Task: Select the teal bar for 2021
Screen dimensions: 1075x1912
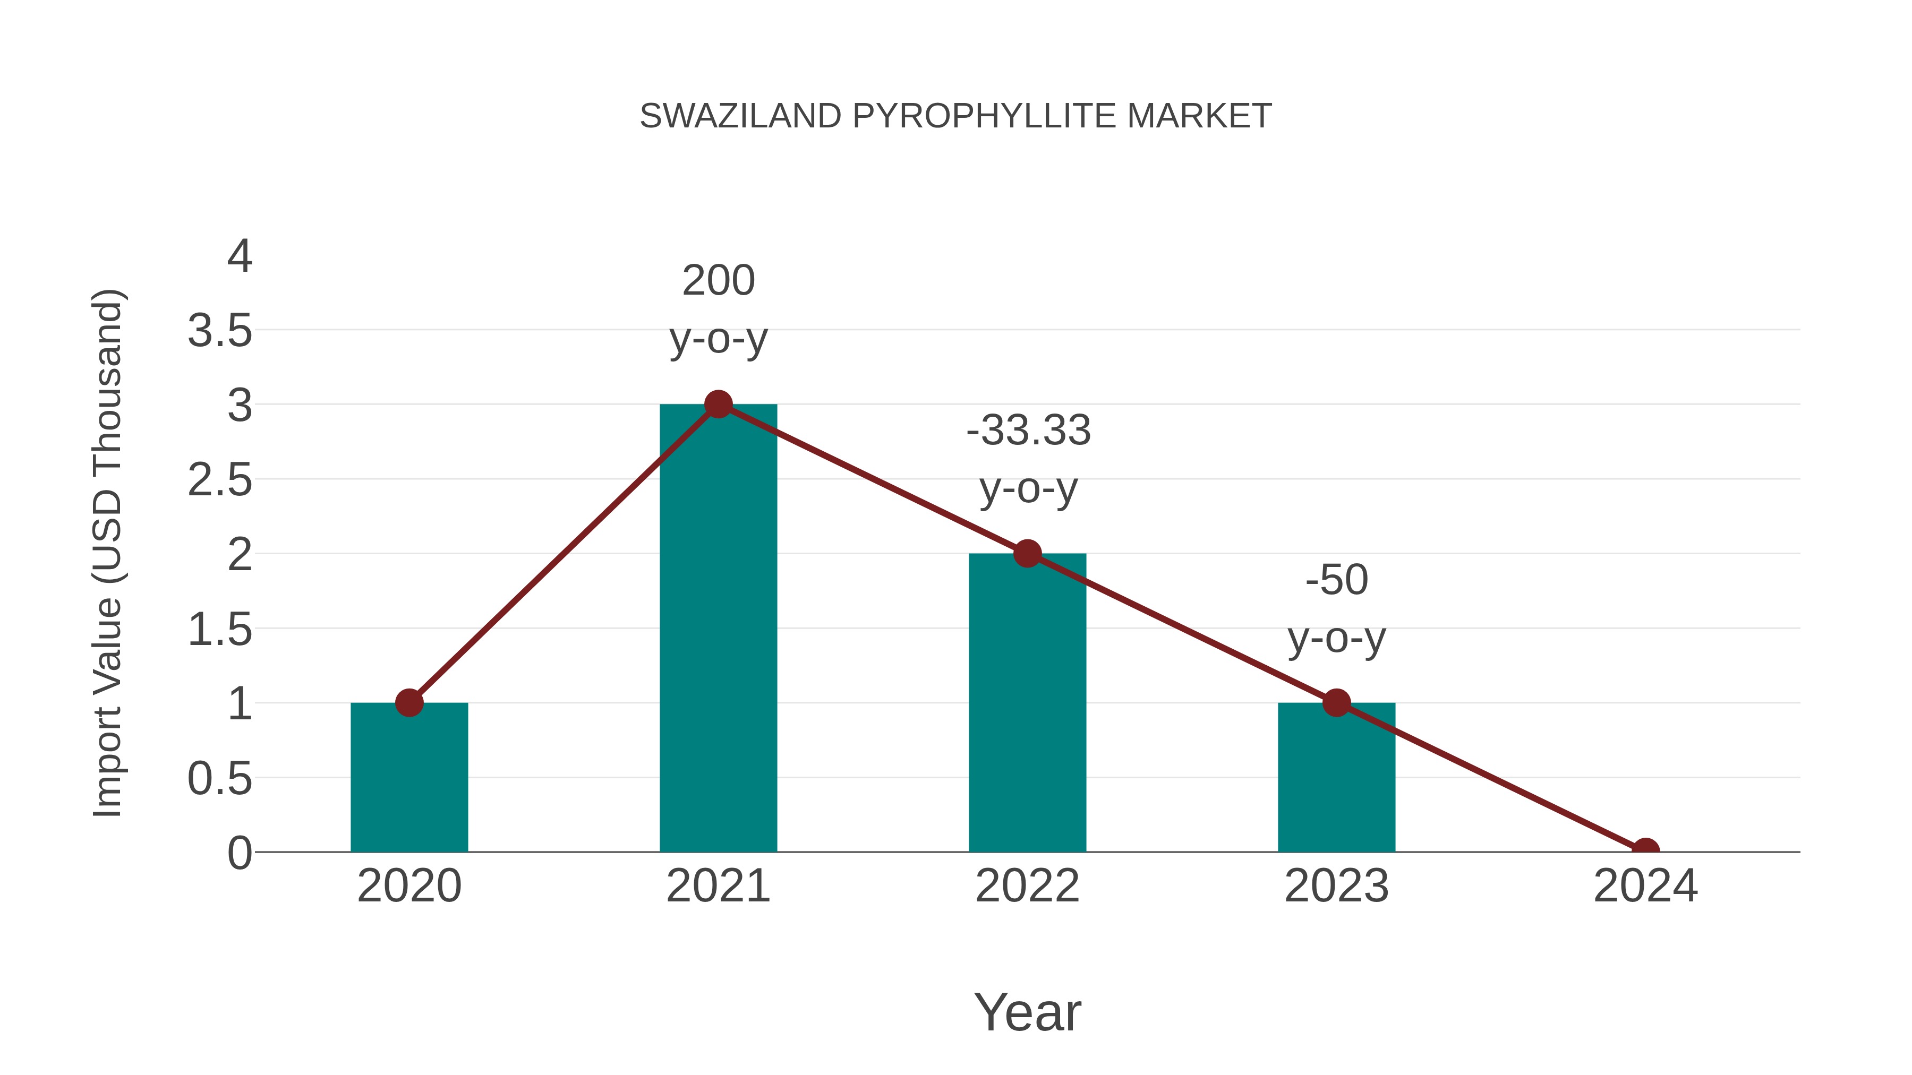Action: (x=718, y=631)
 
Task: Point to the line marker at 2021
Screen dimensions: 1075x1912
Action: (x=718, y=405)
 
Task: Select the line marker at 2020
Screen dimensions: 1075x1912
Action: (x=409, y=702)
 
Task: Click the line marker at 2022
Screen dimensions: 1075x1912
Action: (x=1027, y=554)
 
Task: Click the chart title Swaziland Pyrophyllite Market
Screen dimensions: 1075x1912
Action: (x=955, y=116)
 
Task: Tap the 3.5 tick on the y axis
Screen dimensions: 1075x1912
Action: (x=220, y=331)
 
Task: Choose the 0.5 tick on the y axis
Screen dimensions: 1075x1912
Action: (x=220, y=779)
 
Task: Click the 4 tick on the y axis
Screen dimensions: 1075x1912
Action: (x=239, y=257)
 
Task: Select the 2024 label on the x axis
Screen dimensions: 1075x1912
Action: (x=1645, y=886)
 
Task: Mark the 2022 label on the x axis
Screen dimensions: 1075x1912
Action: (x=1027, y=886)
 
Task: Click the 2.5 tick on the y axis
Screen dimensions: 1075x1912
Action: (x=220, y=481)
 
